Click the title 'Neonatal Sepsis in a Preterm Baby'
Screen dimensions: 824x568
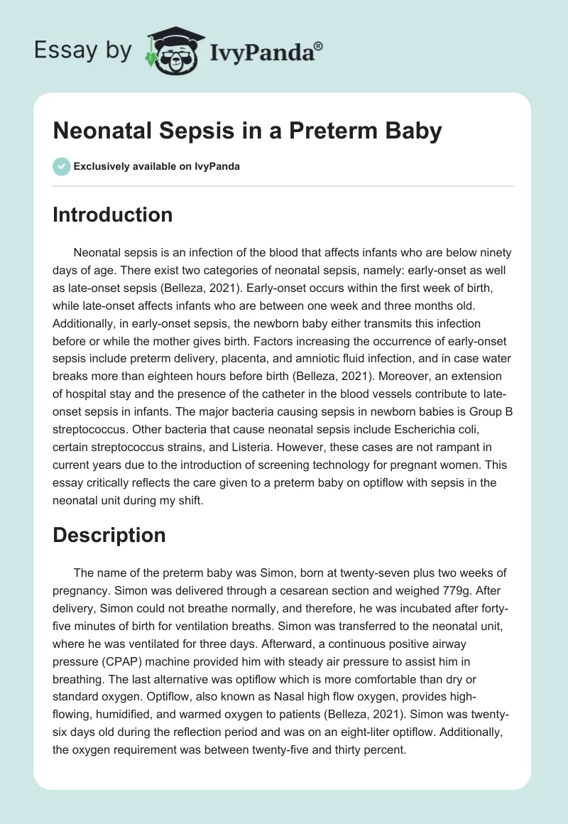click(247, 131)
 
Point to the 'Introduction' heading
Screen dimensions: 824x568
click(112, 215)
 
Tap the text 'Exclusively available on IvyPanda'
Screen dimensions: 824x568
click(156, 166)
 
